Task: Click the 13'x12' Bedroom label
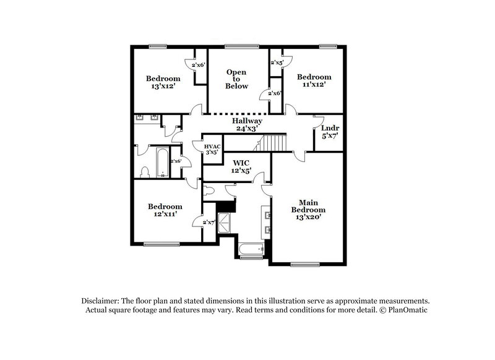coord(163,82)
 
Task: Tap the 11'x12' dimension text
coord(314,85)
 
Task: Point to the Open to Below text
coord(236,79)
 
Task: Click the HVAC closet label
coord(212,148)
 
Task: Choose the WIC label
coord(241,166)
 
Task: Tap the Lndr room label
coord(330,132)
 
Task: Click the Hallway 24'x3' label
coord(247,125)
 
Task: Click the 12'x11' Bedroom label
coord(164,210)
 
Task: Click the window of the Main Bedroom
coord(304,265)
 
